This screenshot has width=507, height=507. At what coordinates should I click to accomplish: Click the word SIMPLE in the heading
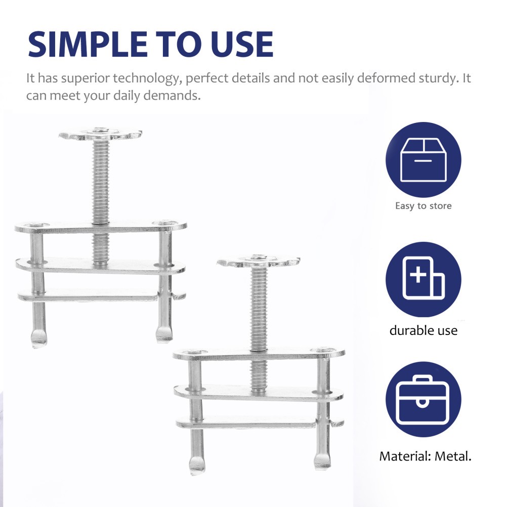point(88,44)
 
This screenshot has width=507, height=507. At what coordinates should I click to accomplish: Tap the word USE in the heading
point(243,44)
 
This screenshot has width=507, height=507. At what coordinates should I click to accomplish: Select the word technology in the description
point(146,78)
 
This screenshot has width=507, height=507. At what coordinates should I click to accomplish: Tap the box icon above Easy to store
point(423,160)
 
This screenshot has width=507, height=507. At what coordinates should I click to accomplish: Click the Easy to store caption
point(423,205)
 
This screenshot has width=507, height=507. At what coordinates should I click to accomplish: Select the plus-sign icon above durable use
point(423,279)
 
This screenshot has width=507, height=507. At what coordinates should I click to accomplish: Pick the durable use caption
point(423,330)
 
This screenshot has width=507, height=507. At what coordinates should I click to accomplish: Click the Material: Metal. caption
point(425,456)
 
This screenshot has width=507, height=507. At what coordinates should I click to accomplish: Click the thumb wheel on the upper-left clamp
point(100,134)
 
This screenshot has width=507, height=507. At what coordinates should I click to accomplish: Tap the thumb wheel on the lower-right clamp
point(259,261)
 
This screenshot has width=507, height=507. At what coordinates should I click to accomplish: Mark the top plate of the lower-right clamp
point(259,354)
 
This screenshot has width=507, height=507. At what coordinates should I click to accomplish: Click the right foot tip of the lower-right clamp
point(322,461)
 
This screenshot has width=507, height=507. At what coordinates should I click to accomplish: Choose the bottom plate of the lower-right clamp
point(246,424)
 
